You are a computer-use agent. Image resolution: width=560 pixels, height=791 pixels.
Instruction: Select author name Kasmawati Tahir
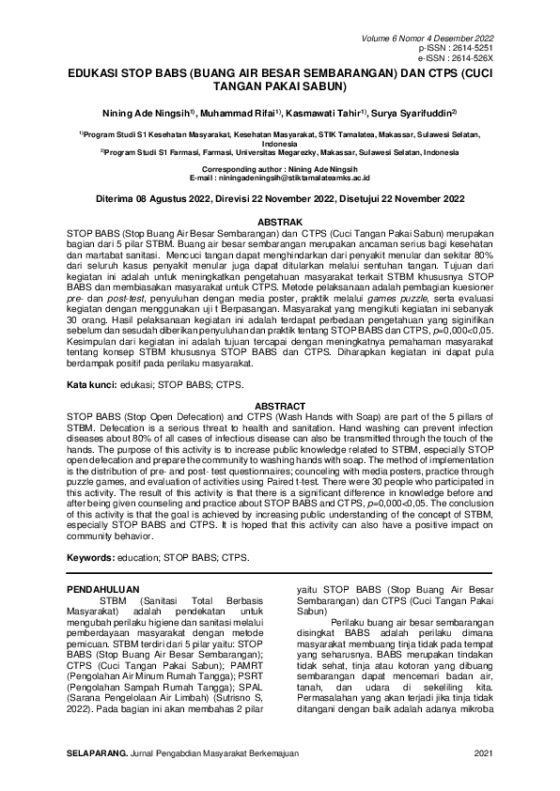326,112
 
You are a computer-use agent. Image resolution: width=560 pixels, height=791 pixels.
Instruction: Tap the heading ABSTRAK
279,220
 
